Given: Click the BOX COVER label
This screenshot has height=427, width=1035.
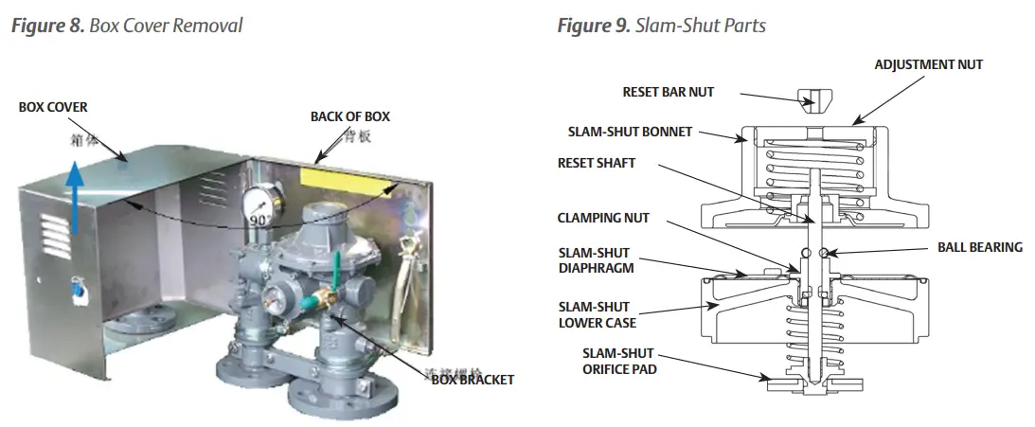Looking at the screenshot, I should coord(53,108).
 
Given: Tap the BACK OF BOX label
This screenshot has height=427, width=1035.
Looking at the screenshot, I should coord(349,116).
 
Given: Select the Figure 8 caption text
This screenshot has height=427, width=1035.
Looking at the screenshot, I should coord(126,26).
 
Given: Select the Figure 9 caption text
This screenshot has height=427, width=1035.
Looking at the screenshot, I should coord(661,26).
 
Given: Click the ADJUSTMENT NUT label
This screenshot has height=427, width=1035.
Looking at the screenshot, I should coord(927,65).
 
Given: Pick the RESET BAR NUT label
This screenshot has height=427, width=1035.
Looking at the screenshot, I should coord(669,92).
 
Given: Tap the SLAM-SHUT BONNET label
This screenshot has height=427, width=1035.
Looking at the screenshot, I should coord(630,132).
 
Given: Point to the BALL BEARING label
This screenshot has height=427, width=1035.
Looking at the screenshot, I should coord(980,247).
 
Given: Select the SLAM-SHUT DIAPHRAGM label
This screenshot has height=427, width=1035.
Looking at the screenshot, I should coord(596,260).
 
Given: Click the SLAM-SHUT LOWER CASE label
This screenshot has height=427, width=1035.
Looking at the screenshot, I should coord(596,315).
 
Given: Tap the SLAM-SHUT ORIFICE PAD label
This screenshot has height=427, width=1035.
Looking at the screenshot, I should coord(619,361).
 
